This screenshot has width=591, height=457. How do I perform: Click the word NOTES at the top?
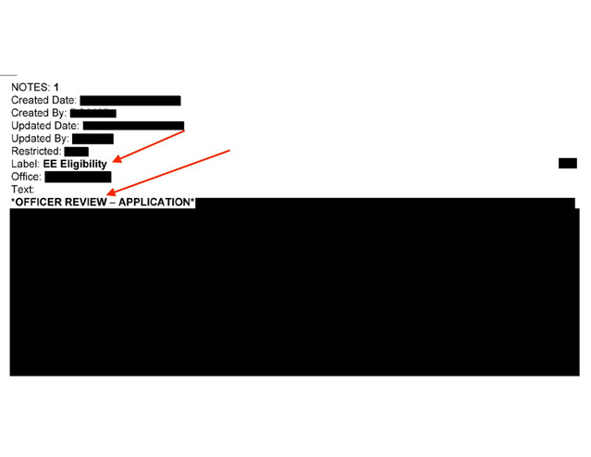[x=30, y=87]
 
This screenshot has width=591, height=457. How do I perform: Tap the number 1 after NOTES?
[x=56, y=87]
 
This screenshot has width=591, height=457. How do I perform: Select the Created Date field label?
[x=43, y=100]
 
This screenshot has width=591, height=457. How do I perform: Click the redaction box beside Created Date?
[x=129, y=100]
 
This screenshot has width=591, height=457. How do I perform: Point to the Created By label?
[x=38, y=113]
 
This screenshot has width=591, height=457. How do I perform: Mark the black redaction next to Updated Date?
[x=133, y=126]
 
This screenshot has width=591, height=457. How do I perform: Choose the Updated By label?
[x=40, y=139]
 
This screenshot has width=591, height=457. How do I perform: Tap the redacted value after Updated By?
[x=92, y=139]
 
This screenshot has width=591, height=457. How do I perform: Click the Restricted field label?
[x=36, y=152]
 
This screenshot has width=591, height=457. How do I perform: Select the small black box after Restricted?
[x=77, y=152]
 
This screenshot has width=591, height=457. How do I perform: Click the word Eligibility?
[x=82, y=165]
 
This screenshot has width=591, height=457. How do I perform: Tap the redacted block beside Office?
[x=78, y=177]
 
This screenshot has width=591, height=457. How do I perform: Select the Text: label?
[x=22, y=190]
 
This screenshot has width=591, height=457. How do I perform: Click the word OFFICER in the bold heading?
[x=40, y=202]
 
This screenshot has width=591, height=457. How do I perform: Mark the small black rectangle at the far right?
[x=567, y=164]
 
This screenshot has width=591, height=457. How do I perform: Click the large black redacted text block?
[x=294, y=291]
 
